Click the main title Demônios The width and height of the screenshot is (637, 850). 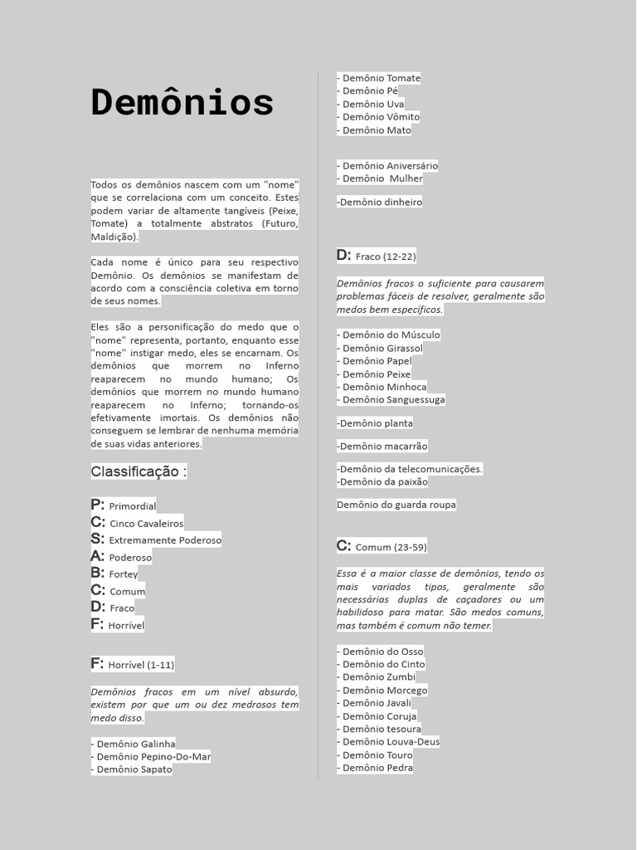(x=182, y=103)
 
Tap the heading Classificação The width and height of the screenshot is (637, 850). (x=139, y=471)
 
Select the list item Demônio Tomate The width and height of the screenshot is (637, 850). (x=379, y=78)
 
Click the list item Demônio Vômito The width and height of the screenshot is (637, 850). (x=378, y=117)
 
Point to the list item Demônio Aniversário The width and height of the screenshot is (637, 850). (x=387, y=166)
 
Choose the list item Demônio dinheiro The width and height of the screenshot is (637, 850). (x=379, y=202)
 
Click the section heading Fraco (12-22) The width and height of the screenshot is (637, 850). (x=377, y=256)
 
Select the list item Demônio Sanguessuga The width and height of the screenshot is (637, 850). (x=391, y=399)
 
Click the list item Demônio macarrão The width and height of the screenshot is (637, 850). (x=382, y=446)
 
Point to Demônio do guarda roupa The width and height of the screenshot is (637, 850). (x=396, y=505)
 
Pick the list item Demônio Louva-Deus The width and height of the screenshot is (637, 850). (x=388, y=741)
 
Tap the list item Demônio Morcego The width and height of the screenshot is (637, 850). (x=382, y=690)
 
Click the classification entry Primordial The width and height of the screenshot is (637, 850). (x=124, y=506)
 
